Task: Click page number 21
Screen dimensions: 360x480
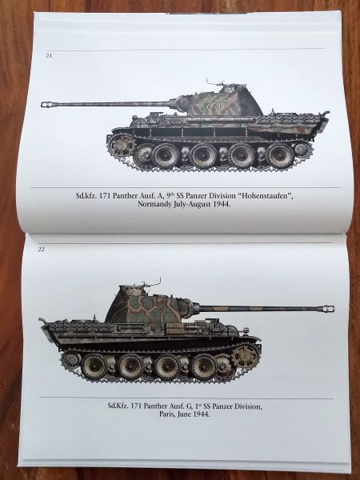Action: click(x=49, y=56)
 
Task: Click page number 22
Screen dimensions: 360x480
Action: click(x=42, y=249)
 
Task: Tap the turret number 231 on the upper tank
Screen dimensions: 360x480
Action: click(x=216, y=104)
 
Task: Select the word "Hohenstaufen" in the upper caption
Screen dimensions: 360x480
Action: click(x=266, y=196)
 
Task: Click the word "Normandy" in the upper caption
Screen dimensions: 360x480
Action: click(x=153, y=204)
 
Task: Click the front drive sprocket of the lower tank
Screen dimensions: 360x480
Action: click(x=244, y=357)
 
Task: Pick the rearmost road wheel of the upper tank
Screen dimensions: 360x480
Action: click(x=280, y=154)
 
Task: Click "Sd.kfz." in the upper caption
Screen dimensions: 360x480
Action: click(x=86, y=196)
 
